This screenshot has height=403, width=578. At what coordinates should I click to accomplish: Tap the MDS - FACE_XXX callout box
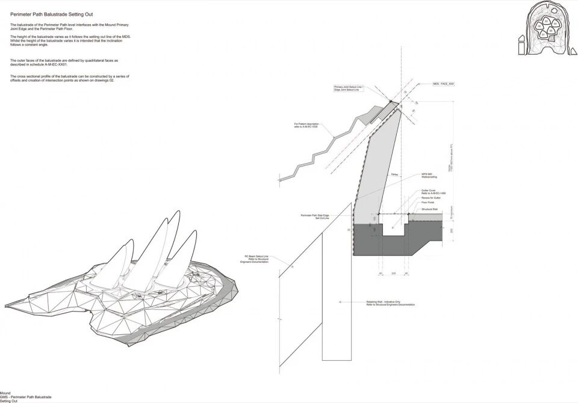[x=443, y=84]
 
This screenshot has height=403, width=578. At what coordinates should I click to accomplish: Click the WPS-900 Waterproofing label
[x=429, y=176]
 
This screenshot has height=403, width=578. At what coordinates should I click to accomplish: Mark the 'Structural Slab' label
[x=429, y=209]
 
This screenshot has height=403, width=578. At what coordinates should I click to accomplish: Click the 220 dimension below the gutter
[x=393, y=274]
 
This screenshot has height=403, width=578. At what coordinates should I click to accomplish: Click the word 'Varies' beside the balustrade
[x=394, y=173]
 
